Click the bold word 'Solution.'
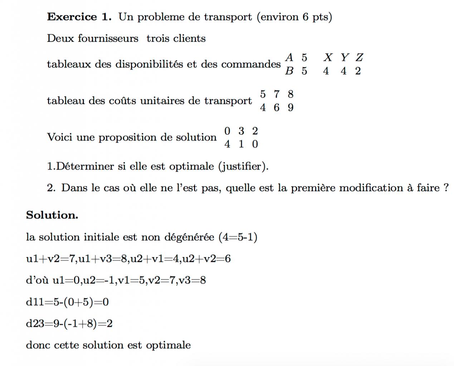(x=52, y=215)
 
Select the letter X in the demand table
(x=327, y=57)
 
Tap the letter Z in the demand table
(x=359, y=57)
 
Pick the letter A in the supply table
(x=289, y=57)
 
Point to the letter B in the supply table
(x=289, y=71)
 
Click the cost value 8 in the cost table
(x=291, y=94)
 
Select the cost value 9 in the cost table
(x=291, y=108)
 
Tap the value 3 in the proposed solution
(x=241, y=131)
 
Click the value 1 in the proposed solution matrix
(x=241, y=144)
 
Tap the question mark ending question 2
(x=446, y=188)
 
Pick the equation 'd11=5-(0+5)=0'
(x=67, y=302)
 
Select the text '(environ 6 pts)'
(x=294, y=17)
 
